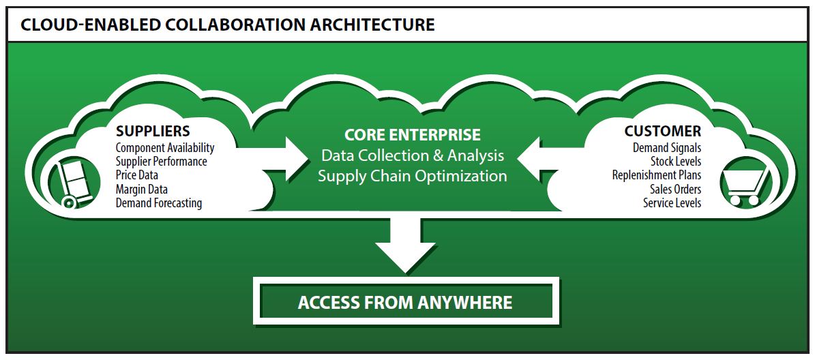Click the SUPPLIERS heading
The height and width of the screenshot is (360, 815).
[153, 131]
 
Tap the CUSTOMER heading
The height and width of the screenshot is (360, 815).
[662, 131]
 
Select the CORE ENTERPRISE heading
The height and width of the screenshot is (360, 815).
[412, 134]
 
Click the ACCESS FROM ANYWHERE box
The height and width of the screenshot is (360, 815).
[406, 301]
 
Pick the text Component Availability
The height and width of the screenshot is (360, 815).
[165, 148]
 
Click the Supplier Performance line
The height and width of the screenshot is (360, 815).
[162, 162]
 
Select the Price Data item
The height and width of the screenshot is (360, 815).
[137, 175]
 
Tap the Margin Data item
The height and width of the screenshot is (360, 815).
[142, 189]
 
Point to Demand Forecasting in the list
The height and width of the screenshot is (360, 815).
[159, 202]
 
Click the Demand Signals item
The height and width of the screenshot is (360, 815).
[666, 148]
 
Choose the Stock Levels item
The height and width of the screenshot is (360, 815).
[675, 162]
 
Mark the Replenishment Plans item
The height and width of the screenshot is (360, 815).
[656, 175]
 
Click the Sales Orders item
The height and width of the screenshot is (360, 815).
[675, 189]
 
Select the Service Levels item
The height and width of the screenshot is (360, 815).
[672, 202]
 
